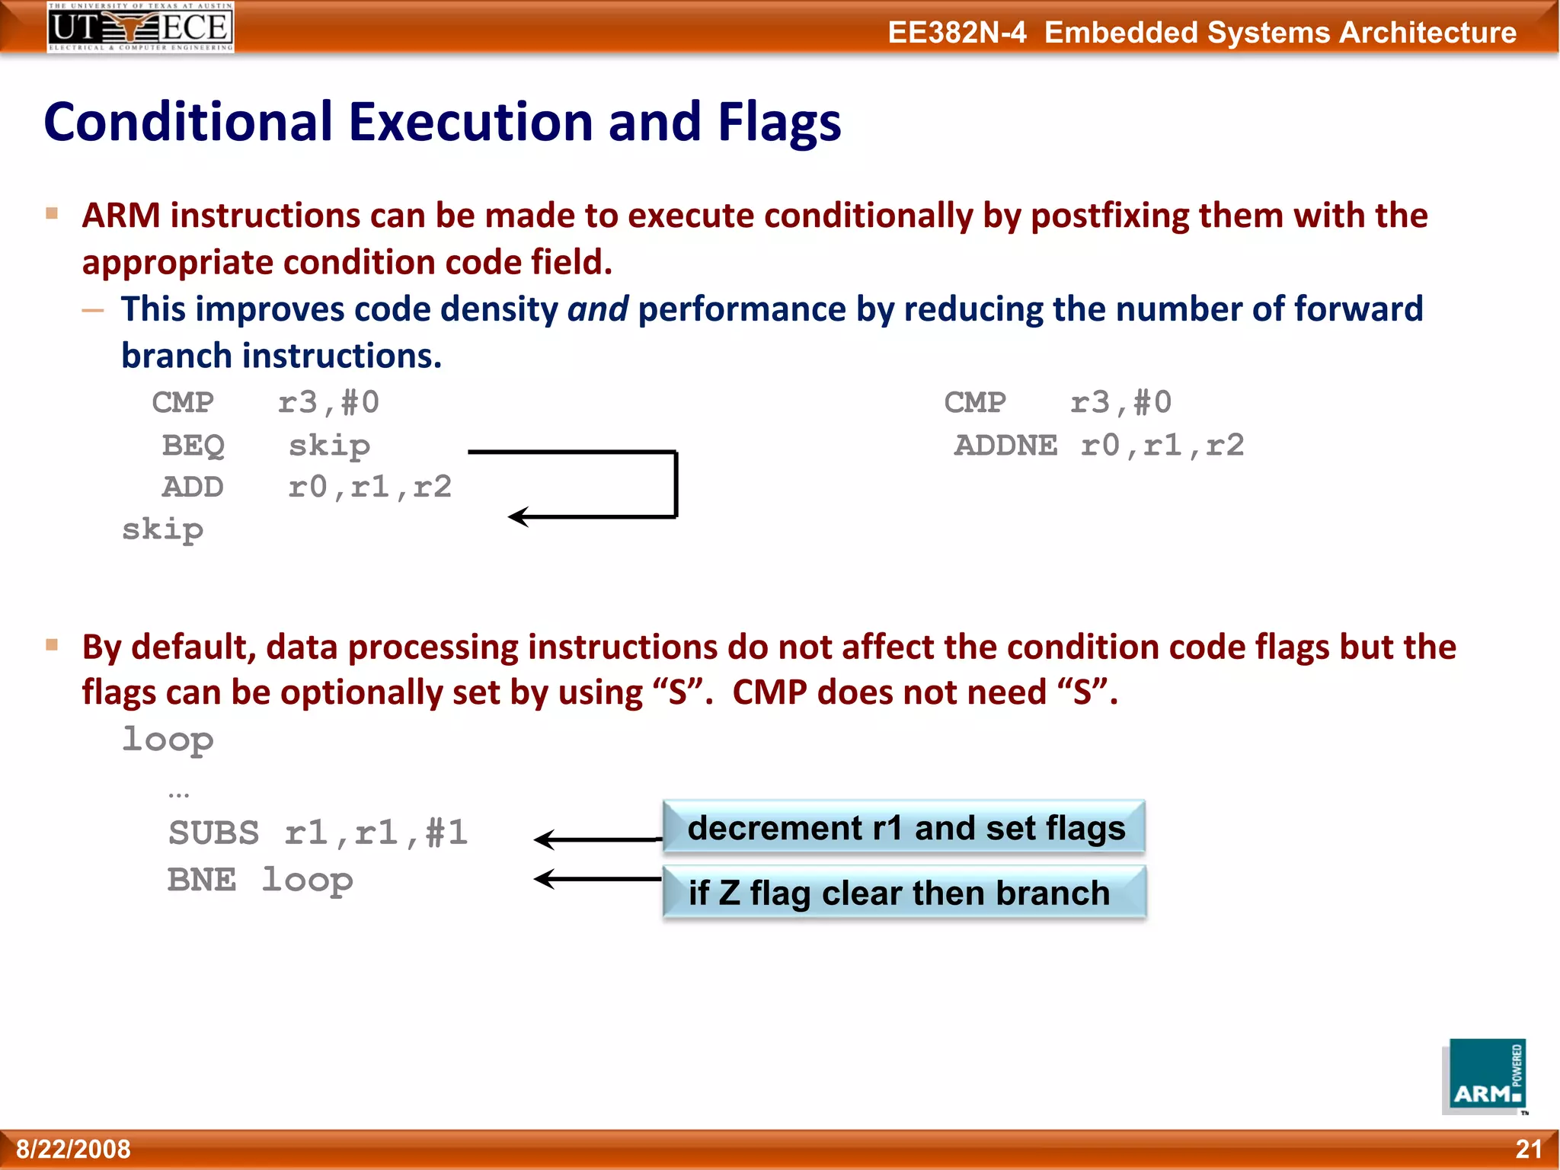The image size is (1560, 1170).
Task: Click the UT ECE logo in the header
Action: click(140, 27)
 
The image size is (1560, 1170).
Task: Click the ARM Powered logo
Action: click(1485, 1076)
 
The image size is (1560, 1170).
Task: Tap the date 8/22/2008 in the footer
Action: click(73, 1149)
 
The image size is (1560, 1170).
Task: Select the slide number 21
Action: click(1528, 1149)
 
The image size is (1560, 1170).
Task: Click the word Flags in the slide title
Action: click(778, 122)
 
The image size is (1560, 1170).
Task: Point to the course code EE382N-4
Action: click(957, 33)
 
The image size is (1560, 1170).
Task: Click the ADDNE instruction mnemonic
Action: click(1005, 445)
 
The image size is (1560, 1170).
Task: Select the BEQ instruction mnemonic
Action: click(193, 445)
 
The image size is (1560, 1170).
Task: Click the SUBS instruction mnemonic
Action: click(213, 833)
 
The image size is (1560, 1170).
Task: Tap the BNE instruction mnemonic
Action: click(202, 880)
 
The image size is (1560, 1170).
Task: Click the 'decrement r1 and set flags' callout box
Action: click(904, 827)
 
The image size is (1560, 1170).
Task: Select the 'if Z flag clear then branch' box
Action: click(904, 893)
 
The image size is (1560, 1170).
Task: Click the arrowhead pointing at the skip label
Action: click(518, 516)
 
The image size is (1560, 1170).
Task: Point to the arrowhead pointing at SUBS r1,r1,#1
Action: click(543, 839)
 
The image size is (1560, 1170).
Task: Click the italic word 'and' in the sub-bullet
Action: click(597, 309)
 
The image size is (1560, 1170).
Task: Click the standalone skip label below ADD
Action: click(163, 529)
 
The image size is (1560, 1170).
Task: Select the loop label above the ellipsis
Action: click(168, 740)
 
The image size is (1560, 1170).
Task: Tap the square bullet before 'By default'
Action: click(52, 645)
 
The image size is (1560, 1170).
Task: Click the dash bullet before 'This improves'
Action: click(93, 310)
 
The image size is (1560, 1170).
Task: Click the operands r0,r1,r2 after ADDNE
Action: click(1162, 445)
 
